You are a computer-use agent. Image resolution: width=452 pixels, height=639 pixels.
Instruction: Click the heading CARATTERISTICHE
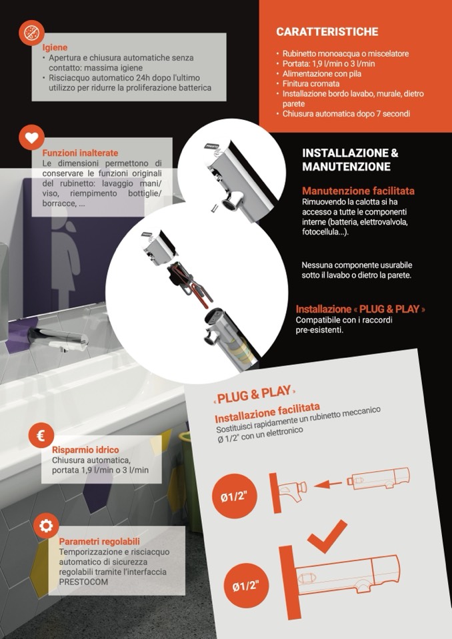point(327,32)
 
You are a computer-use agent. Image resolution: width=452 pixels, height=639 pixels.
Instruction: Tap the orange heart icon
point(31,138)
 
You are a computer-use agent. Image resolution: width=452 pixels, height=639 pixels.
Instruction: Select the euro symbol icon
point(41,436)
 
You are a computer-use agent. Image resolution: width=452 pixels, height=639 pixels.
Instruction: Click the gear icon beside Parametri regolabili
point(46,526)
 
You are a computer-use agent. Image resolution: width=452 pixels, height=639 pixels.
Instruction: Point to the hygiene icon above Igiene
point(31,33)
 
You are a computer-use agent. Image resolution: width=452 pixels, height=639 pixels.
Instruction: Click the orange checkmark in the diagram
point(327,536)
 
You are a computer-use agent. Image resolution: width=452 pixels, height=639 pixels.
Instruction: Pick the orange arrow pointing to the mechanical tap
point(328,484)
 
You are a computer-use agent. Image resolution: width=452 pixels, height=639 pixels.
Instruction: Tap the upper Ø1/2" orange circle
point(235,496)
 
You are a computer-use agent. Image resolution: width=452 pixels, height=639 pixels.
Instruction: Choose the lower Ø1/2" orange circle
point(246,586)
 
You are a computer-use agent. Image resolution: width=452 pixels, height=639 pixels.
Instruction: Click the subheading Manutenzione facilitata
point(358,191)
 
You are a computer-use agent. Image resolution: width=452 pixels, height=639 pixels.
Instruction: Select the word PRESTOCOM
point(83,582)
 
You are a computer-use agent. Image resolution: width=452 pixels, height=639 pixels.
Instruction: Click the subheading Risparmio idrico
point(85,450)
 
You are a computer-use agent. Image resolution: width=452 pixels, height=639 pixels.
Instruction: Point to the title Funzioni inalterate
point(80,153)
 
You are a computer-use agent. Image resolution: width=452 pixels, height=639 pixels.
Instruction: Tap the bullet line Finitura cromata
point(311,83)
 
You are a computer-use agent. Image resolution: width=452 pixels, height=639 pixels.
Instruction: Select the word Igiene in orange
point(55,48)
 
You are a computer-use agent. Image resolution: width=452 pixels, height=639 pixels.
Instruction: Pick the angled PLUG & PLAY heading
point(254,394)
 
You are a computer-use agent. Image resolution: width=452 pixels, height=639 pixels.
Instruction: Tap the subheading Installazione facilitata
point(267,413)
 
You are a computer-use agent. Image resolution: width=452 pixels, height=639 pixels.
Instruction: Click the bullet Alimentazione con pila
point(321,74)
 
